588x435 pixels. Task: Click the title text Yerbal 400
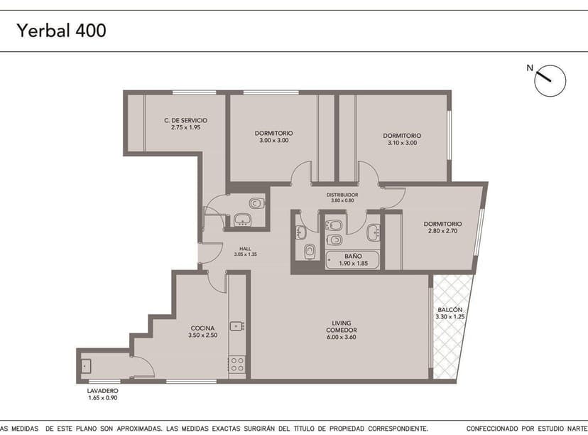62,31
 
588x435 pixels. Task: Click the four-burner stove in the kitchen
237,365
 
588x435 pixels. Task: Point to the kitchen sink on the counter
237,326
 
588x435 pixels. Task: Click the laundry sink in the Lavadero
86,366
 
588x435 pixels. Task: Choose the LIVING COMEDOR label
341,327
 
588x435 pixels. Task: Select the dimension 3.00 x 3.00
273,141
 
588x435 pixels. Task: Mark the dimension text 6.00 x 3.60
341,338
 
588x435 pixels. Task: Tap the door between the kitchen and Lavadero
144,367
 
